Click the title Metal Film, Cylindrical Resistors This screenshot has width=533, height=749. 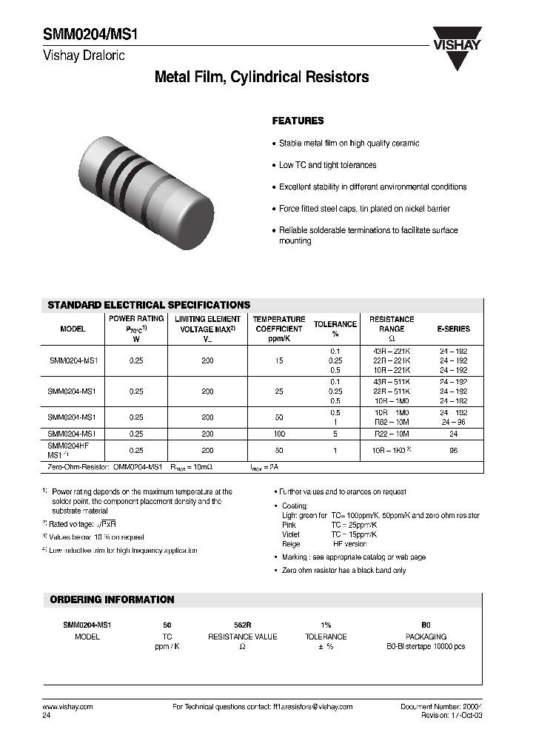click(x=261, y=77)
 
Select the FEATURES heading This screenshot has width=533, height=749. click(x=298, y=121)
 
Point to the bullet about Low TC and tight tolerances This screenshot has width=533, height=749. click(x=327, y=165)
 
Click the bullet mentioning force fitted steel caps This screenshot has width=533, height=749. click(x=364, y=209)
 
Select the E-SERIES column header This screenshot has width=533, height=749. click(x=453, y=329)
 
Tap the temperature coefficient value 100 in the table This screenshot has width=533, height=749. click(x=278, y=434)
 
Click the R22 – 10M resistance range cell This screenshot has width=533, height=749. click(x=392, y=434)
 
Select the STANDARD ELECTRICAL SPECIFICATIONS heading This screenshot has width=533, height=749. click(x=149, y=305)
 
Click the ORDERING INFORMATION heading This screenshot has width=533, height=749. click(x=111, y=599)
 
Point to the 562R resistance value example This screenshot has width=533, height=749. click(x=242, y=625)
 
